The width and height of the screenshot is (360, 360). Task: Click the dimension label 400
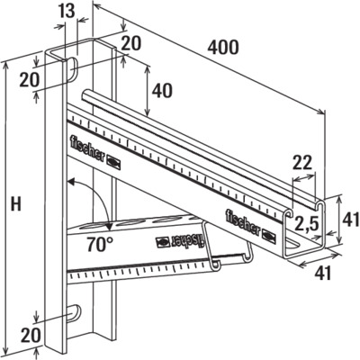click(x=223, y=48)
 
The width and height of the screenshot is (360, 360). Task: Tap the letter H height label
click(x=16, y=204)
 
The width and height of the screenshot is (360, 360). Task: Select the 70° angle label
click(x=101, y=244)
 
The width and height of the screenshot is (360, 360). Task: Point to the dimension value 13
click(x=67, y=11)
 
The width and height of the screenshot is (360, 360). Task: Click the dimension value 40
click(x=162, y=91)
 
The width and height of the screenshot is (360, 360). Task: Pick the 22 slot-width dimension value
click(x=302, y=165)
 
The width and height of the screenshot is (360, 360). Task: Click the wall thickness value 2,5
click(x=305, y=223)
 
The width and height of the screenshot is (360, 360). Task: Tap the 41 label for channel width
click(x=323, y=274)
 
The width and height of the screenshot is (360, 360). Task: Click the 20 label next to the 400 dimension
click(x=130, y=44)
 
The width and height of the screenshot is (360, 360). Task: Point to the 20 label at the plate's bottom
click(x=30, y=335)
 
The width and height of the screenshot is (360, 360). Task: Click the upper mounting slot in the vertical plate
click(x=72, y=68)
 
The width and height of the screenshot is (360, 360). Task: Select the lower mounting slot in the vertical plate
click(x=74, y=314)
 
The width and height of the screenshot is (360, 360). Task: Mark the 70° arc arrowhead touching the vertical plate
click(x=71, y=182)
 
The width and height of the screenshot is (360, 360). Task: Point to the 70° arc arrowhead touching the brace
click(x=108, y=227)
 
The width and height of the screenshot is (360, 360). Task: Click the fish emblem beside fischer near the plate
click(x=114, y=162)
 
